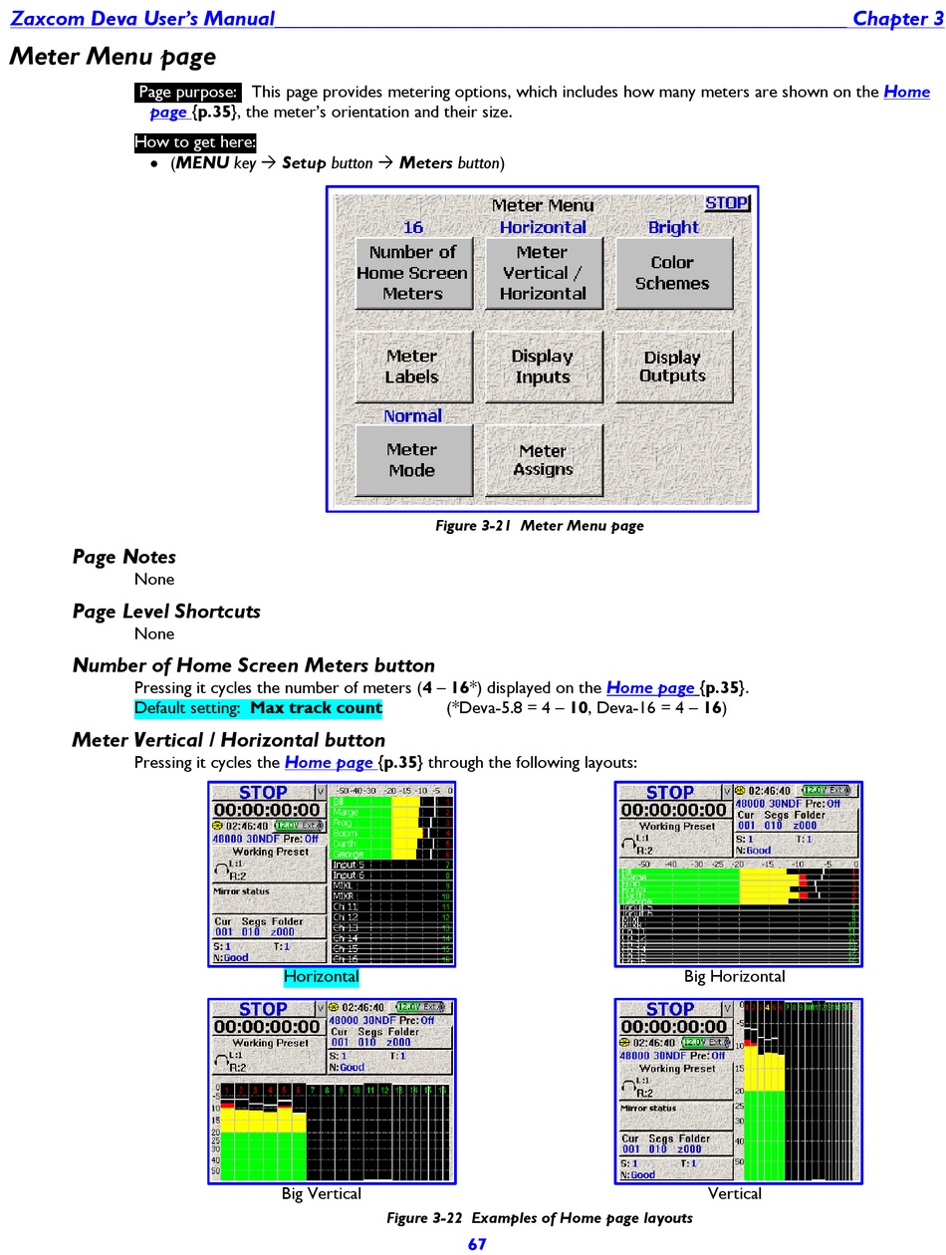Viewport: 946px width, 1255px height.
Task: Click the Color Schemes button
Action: tap(672, 273)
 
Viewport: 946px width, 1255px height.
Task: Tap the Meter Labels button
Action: tap(412, 367)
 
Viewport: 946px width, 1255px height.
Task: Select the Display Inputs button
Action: tap(543, 367)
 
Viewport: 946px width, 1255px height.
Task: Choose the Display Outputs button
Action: tap(673, 367)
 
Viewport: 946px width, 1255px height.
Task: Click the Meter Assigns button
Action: tap(543, 460)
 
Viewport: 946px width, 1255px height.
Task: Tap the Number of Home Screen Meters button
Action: tap(412, 273)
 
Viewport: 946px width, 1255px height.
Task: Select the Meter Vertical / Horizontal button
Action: tap(543, 273)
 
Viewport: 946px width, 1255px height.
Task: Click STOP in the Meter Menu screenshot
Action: tap(726, 203)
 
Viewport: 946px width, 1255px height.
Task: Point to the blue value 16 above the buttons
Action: tap(412, 227)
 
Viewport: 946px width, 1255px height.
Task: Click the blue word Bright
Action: tap(673, 227)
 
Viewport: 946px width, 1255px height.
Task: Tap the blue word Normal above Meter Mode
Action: tap(412, 416)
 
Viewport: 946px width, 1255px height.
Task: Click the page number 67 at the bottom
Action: tap(478, 1243)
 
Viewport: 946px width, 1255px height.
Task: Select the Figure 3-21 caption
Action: tap(540, 526)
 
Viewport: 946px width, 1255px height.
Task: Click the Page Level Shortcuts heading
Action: tap(166, 612)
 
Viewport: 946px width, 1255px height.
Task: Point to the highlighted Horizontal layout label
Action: tap(321, 977)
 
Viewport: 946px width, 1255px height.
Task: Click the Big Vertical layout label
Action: tap(321, 1193)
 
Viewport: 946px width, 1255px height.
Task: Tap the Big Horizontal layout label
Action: tap(734, 977)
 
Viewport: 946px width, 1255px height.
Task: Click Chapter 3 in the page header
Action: tap(897, 19)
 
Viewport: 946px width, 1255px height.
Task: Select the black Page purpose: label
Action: tap(188, 93)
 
